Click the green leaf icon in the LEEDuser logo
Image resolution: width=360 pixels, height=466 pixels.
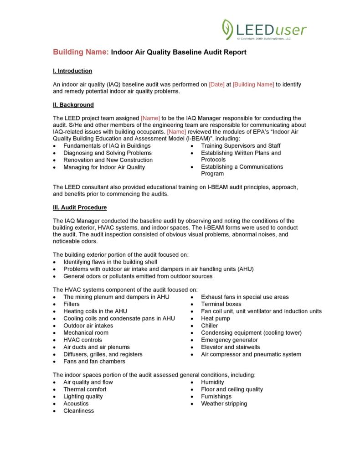[227, 29]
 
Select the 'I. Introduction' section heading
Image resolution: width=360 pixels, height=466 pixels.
[72, 71]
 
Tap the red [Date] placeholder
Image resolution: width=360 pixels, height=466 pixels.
[216, 84]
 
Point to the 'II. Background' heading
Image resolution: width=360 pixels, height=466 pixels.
[73, 104]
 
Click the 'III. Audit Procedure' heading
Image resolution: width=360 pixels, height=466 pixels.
[80, 207]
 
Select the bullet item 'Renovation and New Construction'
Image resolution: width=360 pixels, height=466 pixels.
[108, 160]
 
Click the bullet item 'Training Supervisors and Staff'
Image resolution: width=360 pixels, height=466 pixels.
[241, 146]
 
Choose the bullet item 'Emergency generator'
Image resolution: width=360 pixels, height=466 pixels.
[229, 340]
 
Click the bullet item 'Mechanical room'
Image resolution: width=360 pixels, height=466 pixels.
[86, 332]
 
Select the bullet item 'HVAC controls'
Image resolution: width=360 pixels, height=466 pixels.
[82, 340]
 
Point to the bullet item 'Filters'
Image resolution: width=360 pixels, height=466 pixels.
[72, 304]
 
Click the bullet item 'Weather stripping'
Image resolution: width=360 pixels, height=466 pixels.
[224, 404]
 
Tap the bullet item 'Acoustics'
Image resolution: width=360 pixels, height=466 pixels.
[76, 404]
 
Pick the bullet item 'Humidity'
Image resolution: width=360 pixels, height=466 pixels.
[212, 382]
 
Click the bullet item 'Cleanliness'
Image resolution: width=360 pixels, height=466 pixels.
[78, 411]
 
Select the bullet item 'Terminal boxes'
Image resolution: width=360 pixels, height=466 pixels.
[221, 304]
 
